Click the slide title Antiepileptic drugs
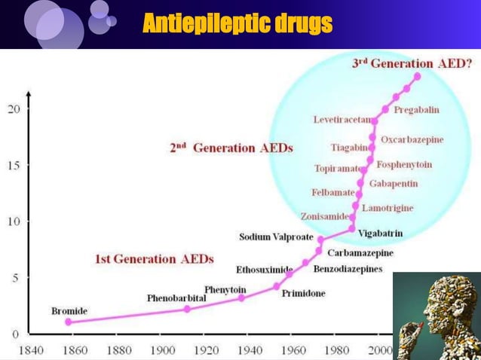[237, 24]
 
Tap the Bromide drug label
[69, 310]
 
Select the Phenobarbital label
[176, 298]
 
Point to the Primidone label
[303, 293]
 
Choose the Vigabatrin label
[378, 233]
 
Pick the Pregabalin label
[416, 110]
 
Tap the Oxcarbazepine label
[412, 140]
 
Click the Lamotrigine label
[388, 207]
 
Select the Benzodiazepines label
[348, 268]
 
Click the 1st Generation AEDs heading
[154, 259]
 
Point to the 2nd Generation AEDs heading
[231, 148]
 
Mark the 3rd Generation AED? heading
[412, 63]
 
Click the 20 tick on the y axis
[14, 108]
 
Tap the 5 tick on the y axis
[16, 277]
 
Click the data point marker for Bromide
[69, 322]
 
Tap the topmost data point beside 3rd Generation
[418, 76]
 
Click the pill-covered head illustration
[436, 316]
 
